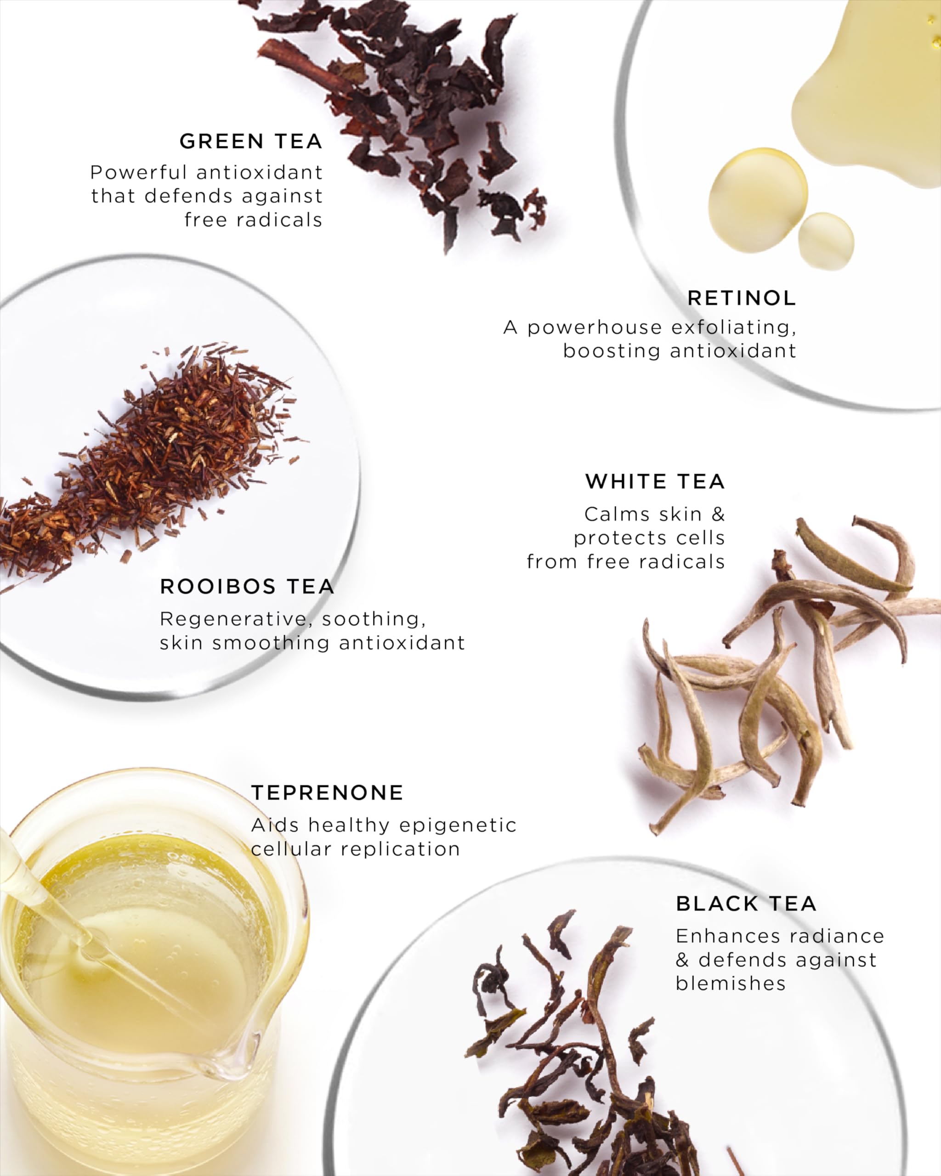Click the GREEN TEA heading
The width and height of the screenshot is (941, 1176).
(251, 141)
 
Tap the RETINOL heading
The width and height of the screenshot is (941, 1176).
(742, 298)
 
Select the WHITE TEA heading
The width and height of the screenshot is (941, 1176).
(655, 481)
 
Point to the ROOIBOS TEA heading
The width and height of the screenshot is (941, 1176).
(247, 586)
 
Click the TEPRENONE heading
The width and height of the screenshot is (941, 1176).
(327, 792)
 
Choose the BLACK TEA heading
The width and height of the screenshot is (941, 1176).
(746, 904)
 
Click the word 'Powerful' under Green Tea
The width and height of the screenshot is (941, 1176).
(139, 172)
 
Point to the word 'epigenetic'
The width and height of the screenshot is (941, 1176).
(458, 826)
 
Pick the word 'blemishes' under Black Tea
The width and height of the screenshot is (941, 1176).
(731, 984)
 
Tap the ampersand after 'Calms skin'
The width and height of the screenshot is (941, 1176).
(719, 514)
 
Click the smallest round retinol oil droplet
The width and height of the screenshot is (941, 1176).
(826, 241)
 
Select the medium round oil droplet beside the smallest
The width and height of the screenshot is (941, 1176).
(758, 200)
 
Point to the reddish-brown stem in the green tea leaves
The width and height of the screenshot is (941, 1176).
(306, 65)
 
